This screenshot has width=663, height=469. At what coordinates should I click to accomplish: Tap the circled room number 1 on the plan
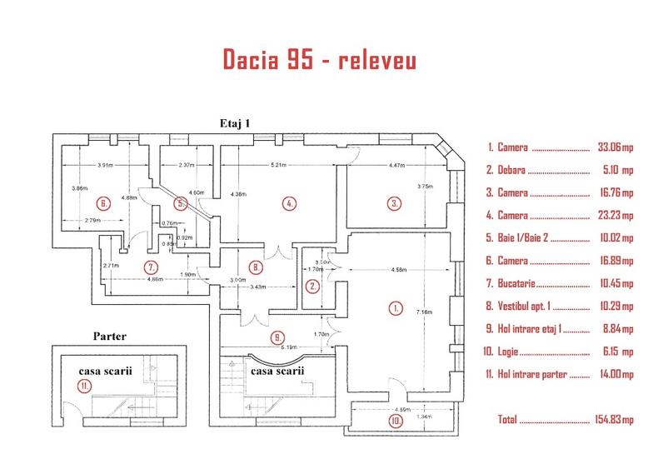tap(396, 307)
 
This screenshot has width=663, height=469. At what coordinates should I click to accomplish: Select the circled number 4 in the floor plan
tap(289, 202)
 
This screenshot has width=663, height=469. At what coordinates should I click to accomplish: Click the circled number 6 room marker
tap(103, 202)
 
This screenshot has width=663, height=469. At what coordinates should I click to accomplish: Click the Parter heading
tap(110, 337)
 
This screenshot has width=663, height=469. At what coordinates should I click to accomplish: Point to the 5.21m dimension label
tap(279, 165)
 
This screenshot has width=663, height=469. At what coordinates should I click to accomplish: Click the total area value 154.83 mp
tap(612, 420)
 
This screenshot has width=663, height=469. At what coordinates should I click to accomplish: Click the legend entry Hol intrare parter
tap(532, 374)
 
